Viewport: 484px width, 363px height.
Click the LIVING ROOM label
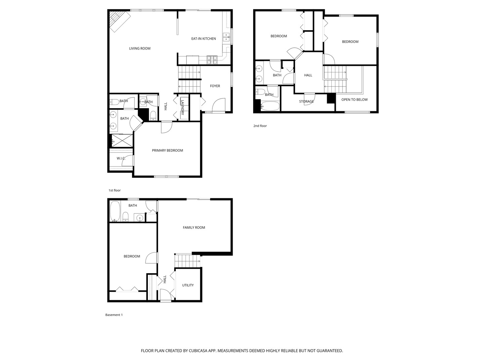click(x=140, y=48)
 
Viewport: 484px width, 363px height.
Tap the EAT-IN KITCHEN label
click(x=203, y=39)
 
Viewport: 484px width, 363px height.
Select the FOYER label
click(x=215, y=86)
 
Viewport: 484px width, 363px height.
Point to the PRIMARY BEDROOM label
click(x=167, y=151)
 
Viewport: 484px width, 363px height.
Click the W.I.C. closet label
click(x=121, y=158)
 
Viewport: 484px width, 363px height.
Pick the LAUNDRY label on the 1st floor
click(x=183, y=108)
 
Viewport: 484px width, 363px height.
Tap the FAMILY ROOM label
click(x=194, y=228)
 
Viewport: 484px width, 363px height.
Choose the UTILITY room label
click(x=188, y=285)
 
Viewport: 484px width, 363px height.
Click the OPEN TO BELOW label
click(x=354, y=100)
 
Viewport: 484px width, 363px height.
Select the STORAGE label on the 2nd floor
click(x=306, y=102)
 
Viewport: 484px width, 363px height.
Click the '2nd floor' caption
click(x=260, y=126)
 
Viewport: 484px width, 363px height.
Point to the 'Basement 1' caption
click(x=114, y=315)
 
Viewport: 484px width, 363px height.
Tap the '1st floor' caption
click(x=114, y=191)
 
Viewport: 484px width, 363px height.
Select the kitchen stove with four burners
click(x=212, y=59)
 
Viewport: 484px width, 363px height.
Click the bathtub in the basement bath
click(x=115, y=211)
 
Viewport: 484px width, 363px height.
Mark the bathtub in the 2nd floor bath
click(x=270, y=106)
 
